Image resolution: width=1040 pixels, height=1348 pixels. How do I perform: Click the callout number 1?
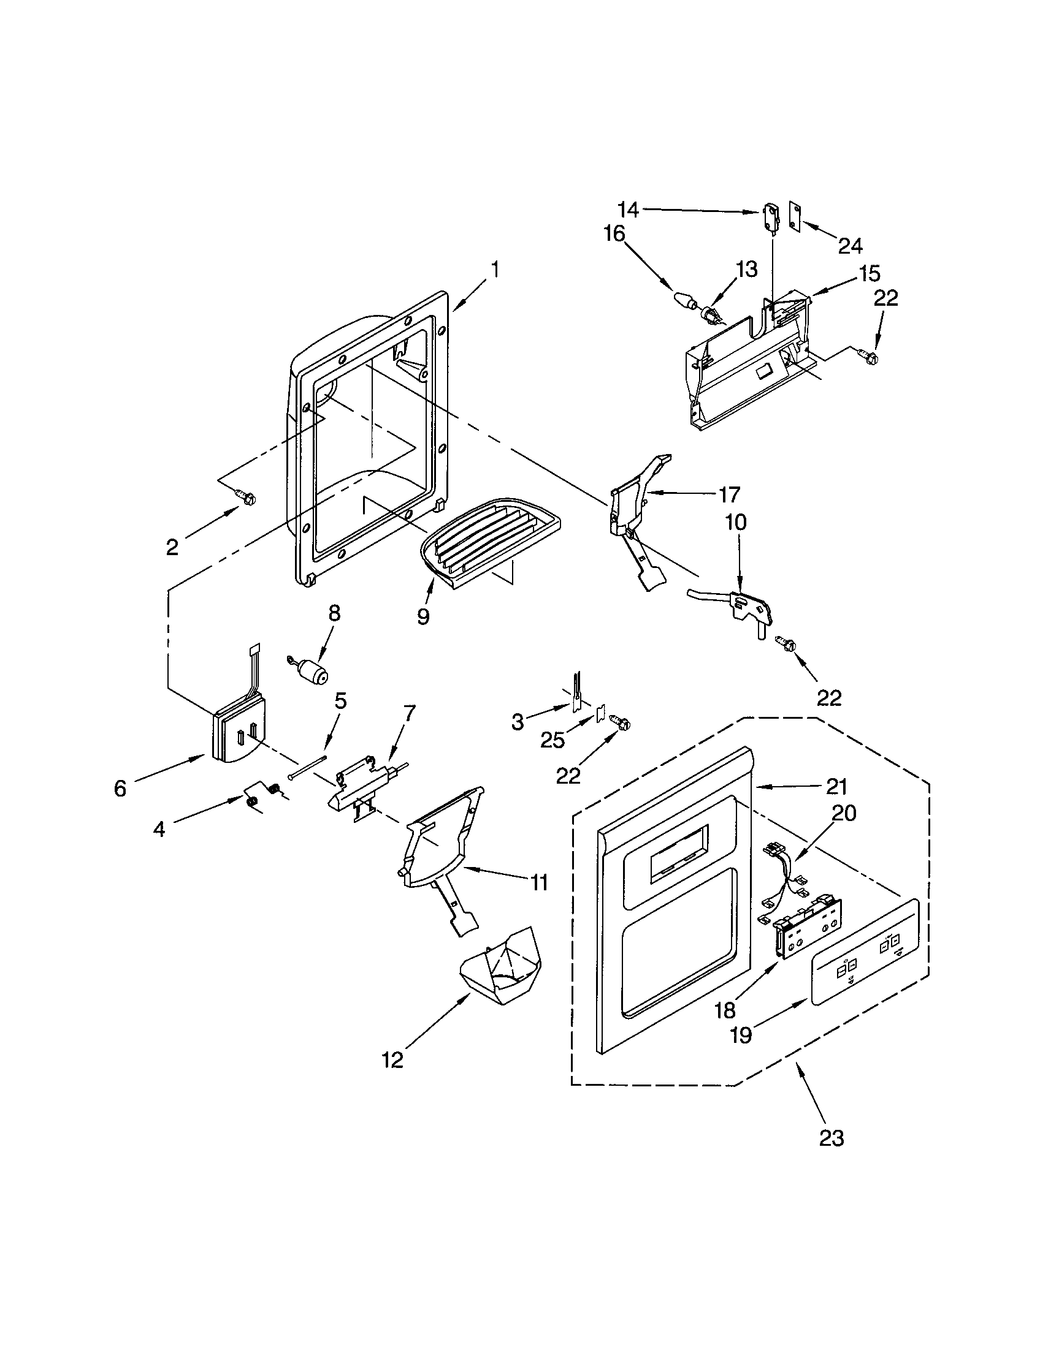pos(495,270)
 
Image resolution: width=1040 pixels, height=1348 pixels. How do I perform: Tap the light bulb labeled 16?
pos(682,300)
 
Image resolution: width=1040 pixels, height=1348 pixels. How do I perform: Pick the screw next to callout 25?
pos(619,721)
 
